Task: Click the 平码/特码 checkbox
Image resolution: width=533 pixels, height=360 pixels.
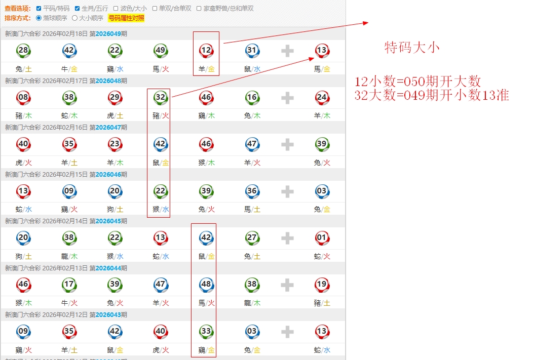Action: click(39, 9)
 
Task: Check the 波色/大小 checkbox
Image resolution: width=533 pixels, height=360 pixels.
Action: click(116, 9)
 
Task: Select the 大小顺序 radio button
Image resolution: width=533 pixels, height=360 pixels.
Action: click(75, 18)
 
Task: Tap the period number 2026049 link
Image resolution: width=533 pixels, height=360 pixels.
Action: click(108, 34)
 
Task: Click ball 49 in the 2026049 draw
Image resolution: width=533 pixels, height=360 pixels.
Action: click(161, 50)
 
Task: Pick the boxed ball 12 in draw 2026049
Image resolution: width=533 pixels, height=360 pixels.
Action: click(206, 50)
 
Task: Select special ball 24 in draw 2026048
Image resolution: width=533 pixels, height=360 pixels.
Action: click(322, 97)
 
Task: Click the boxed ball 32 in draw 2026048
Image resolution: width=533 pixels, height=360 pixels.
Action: click(161, 97)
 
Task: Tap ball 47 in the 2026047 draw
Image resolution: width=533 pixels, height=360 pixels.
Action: click(252, 144)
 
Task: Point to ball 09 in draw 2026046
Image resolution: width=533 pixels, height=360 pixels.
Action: click(69, 191)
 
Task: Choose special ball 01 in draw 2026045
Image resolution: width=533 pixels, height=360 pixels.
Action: click(322, 237)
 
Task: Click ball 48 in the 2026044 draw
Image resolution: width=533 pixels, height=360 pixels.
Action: click(206, 285)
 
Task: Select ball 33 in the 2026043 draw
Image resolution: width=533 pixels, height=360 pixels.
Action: click(206, 331)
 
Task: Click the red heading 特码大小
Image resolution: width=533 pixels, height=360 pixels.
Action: click(412, 48)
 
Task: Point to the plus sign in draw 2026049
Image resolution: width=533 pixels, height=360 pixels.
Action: click(287, 51)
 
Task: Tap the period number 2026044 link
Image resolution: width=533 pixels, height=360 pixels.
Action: click(108, 268)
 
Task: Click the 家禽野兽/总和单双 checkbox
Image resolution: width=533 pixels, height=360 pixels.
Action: click(199, 9)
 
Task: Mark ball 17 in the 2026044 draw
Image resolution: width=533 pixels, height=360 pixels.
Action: click(69, 285)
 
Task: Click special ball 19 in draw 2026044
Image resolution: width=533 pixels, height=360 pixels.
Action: click(322, 285)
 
